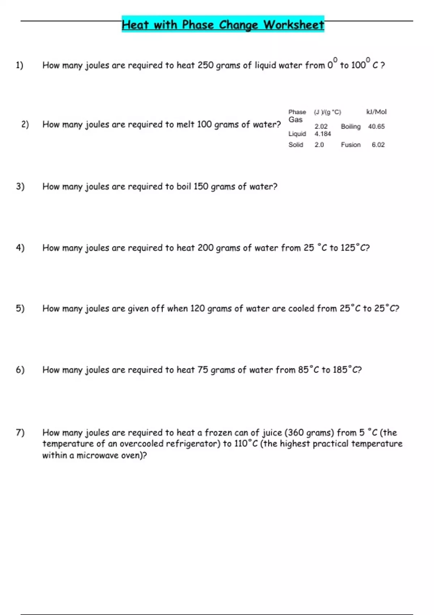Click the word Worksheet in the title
(x=294, y=25)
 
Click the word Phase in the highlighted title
(x=198, y=25)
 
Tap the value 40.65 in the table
(x=376, y=126)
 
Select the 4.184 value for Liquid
(x=323, y=134)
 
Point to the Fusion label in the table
(x=350, y=145)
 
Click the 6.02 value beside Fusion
(x=378, y=145)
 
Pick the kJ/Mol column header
(x=376, y=112)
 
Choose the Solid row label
(x=295, y=145)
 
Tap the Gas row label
(x=295, y=120)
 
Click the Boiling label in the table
(x=350, y=126)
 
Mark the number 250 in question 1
(x=205, y=65)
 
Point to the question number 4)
(x=20, y=248)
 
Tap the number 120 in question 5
(x=197, y=309)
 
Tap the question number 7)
(x=20, y=432)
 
